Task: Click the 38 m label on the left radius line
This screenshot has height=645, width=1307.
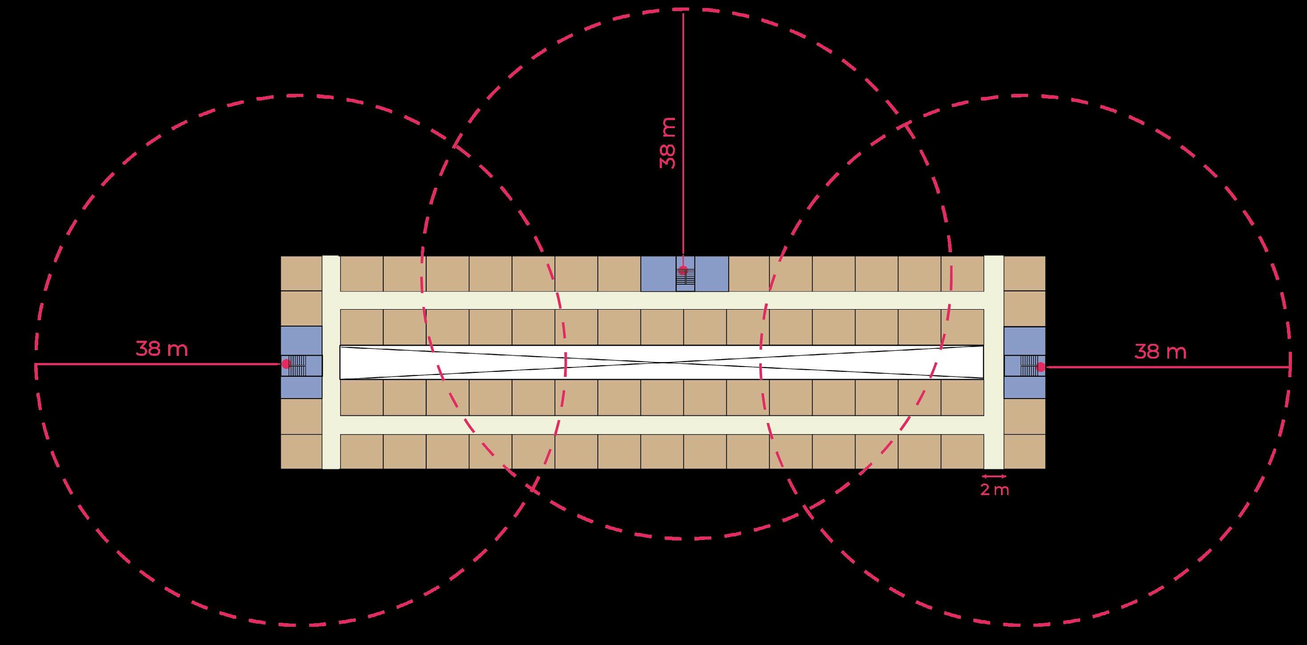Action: point(162,350)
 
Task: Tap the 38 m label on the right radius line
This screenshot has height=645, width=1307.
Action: point(1160,352)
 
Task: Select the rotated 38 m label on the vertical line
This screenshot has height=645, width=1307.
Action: point(668,143)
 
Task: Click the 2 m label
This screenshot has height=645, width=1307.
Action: point(994,491)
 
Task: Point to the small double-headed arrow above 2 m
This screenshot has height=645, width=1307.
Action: point(994,476)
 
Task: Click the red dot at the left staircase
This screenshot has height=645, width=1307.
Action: point(286,363)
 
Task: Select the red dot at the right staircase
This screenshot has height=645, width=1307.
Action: point(1041,367)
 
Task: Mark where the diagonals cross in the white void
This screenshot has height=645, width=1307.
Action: point(662,363)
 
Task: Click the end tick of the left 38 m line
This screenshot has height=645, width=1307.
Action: point(36,364)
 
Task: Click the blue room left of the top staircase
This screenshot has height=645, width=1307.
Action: point(658,274)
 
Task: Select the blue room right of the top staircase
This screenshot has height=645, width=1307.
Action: point(712,274)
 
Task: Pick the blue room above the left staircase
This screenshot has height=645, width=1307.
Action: point(301,340)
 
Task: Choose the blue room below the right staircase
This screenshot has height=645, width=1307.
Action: point(1025,388)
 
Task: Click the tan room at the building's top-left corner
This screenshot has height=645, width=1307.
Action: point(301,273)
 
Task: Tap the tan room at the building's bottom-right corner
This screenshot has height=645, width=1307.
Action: point(1025,451)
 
